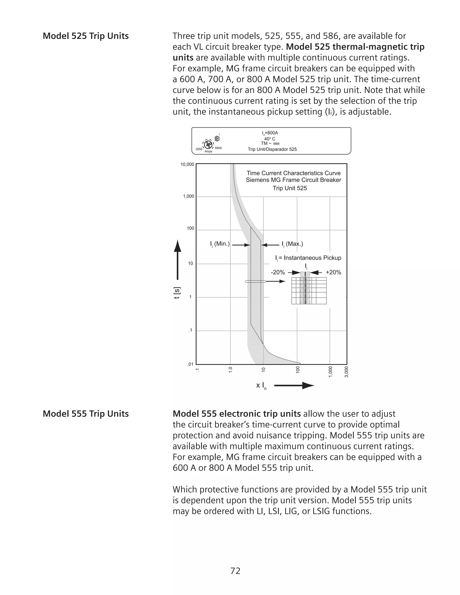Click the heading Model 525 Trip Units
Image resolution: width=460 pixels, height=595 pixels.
pos(86,36)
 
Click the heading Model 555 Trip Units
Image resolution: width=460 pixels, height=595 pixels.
pos(86,414)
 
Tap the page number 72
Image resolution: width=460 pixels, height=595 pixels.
pos(235,571)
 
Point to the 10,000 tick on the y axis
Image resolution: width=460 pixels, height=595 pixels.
pos(187,164)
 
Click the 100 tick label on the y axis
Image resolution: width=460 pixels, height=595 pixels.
pos(190,228)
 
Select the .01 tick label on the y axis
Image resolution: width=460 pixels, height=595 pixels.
pos(190,364)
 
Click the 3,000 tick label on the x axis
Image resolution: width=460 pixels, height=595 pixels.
pos(346,372)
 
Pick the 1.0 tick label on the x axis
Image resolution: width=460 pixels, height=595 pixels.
pos(230,370)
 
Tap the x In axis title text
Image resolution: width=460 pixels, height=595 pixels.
pos(261,386)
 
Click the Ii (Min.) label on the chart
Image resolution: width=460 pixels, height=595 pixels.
pos(220,244)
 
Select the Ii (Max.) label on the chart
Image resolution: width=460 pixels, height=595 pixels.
pos(292,244)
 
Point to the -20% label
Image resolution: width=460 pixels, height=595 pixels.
pos(277,272)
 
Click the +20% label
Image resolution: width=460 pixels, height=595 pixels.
pos(333,272)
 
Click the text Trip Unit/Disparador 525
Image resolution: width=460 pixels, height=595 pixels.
pos(272,149)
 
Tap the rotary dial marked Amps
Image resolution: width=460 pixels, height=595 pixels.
pos(208,144)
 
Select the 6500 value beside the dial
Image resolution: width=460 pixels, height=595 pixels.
pos(218,148)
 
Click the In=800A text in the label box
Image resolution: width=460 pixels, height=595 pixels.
pos(270,133)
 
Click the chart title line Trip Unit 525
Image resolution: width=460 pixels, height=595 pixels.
pos(290,188)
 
